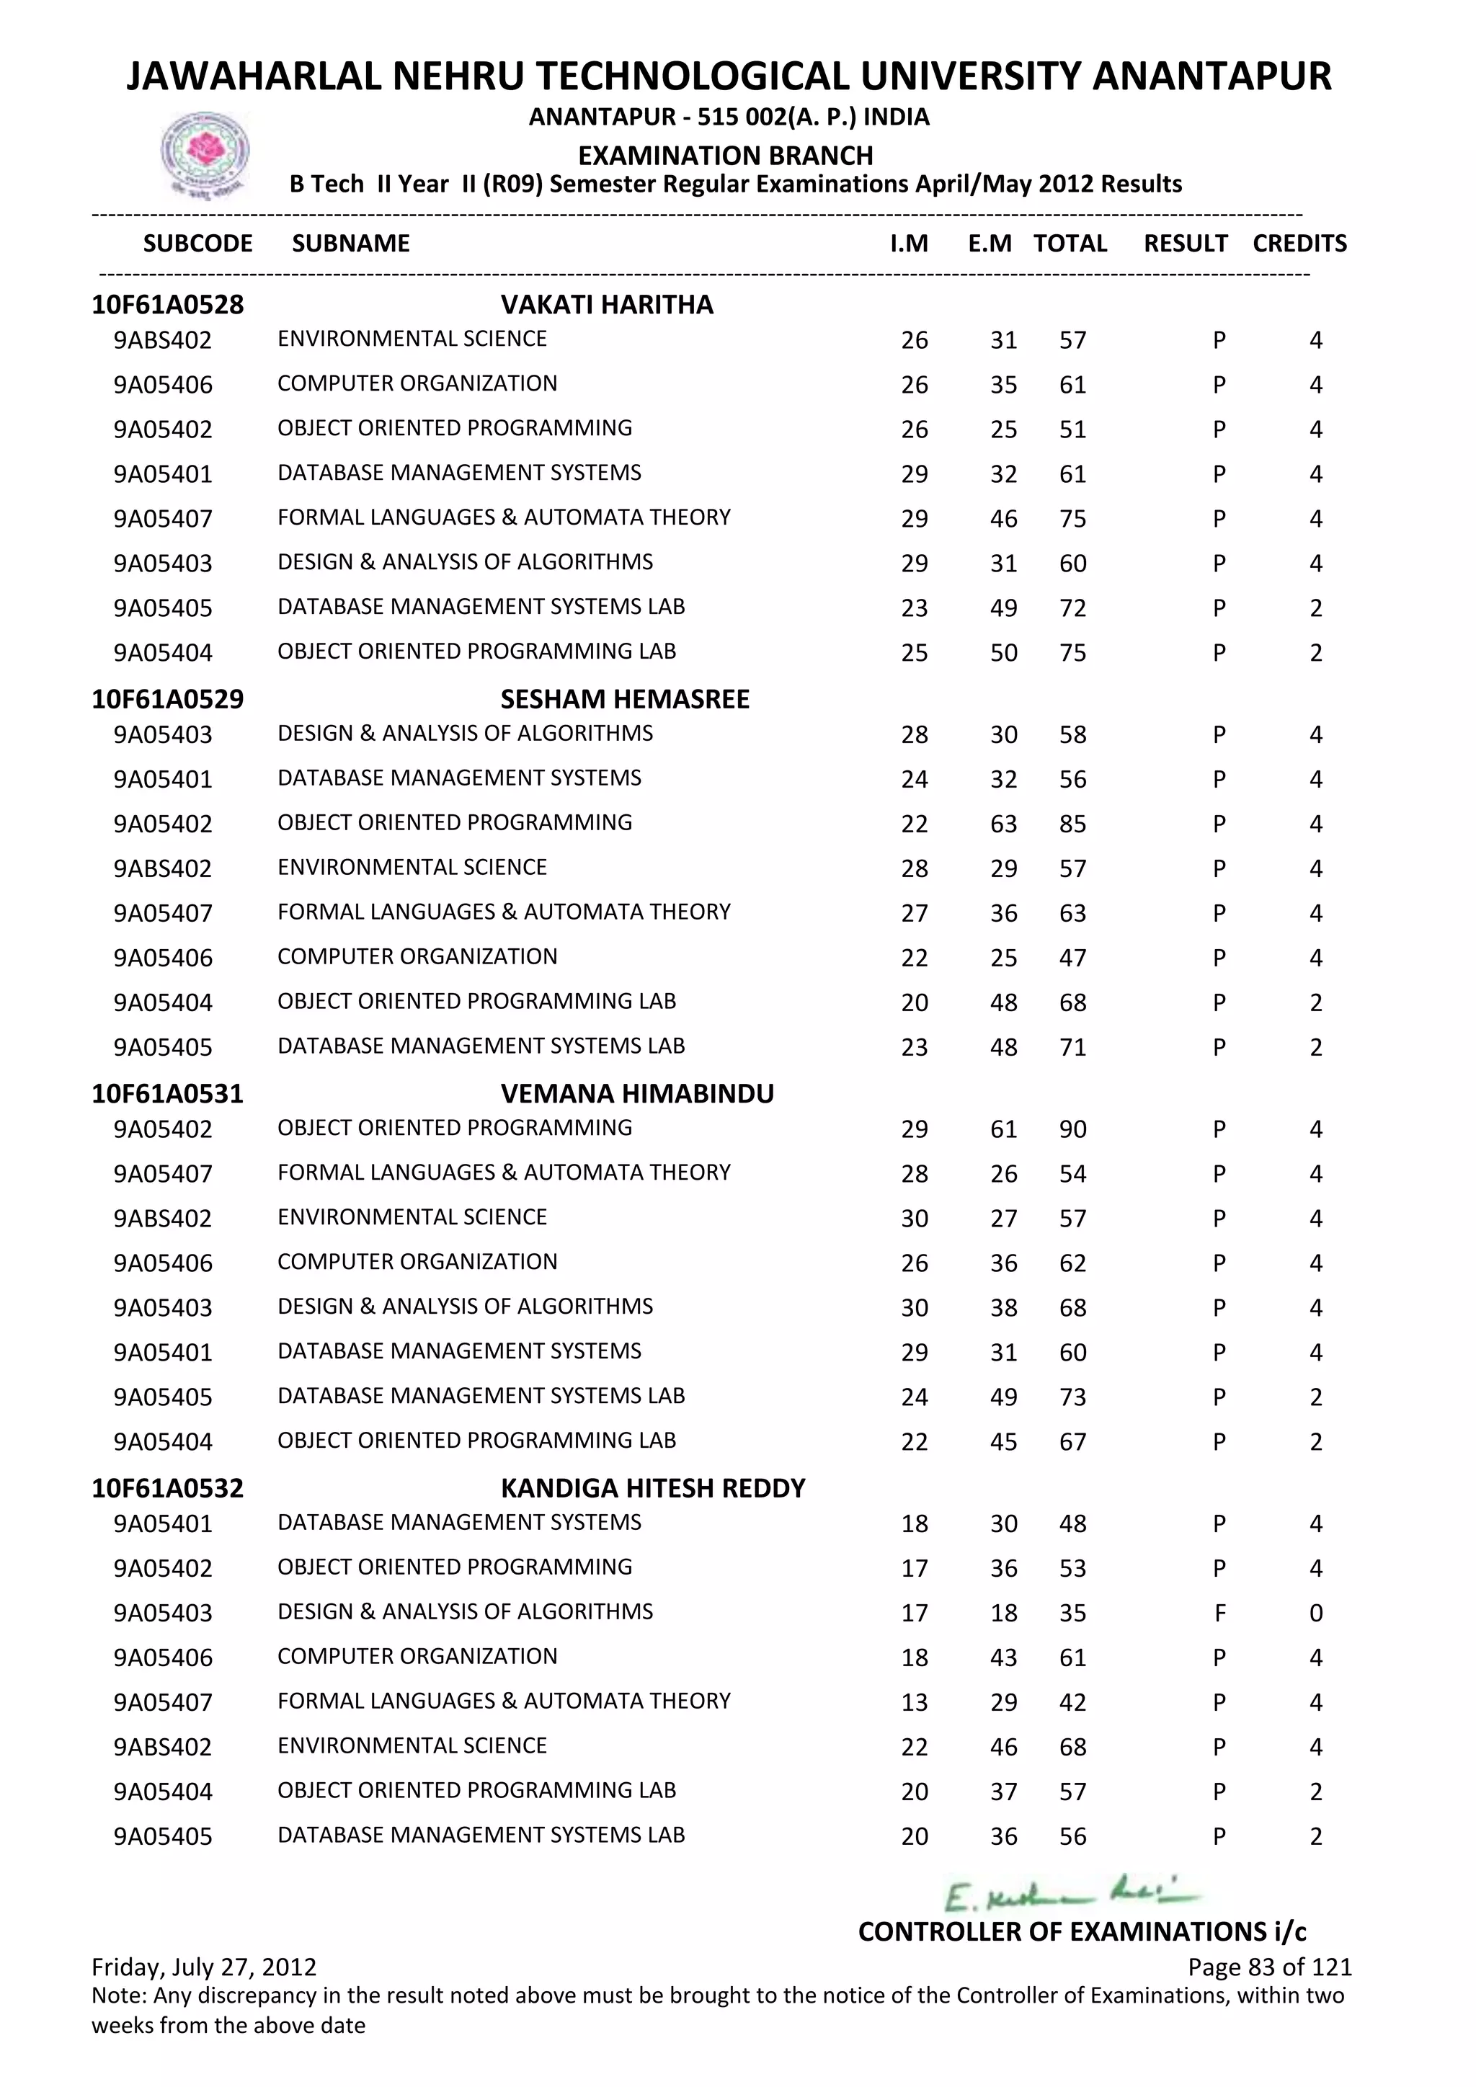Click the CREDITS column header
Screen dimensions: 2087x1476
pos(1299,244)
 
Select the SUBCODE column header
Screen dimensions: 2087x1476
pos(197,244)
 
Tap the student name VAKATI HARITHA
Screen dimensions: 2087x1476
pos(606,305)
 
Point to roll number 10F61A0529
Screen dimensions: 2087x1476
pos(167,699)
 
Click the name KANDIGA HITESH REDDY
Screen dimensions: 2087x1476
pos(652,1488)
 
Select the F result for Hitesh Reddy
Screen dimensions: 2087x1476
pos(1219,1614)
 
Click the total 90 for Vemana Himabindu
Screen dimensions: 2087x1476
pos(1072,1129)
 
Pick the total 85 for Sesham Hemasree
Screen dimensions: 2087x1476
pos(1072,824)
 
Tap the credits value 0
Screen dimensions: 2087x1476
pos(1315,1614)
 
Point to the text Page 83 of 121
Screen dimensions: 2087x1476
pos(1268,1967)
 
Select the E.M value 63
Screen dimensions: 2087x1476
pos(1003,824)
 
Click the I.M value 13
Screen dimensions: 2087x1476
pos(915,1702)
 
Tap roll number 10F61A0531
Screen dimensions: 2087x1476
pos(167,1093)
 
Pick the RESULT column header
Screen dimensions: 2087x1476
pos(1185,244)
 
